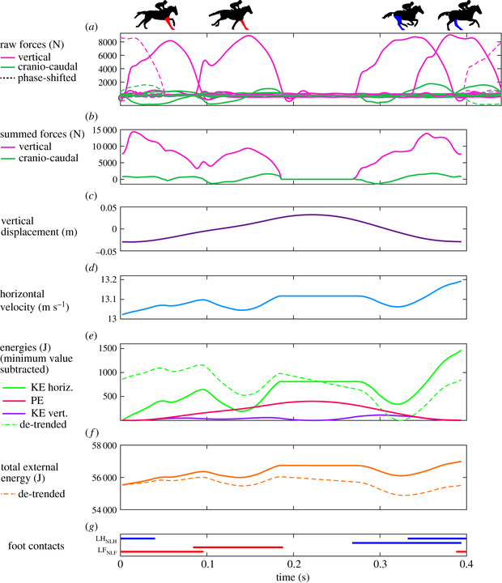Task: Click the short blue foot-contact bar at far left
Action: (137, 538)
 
